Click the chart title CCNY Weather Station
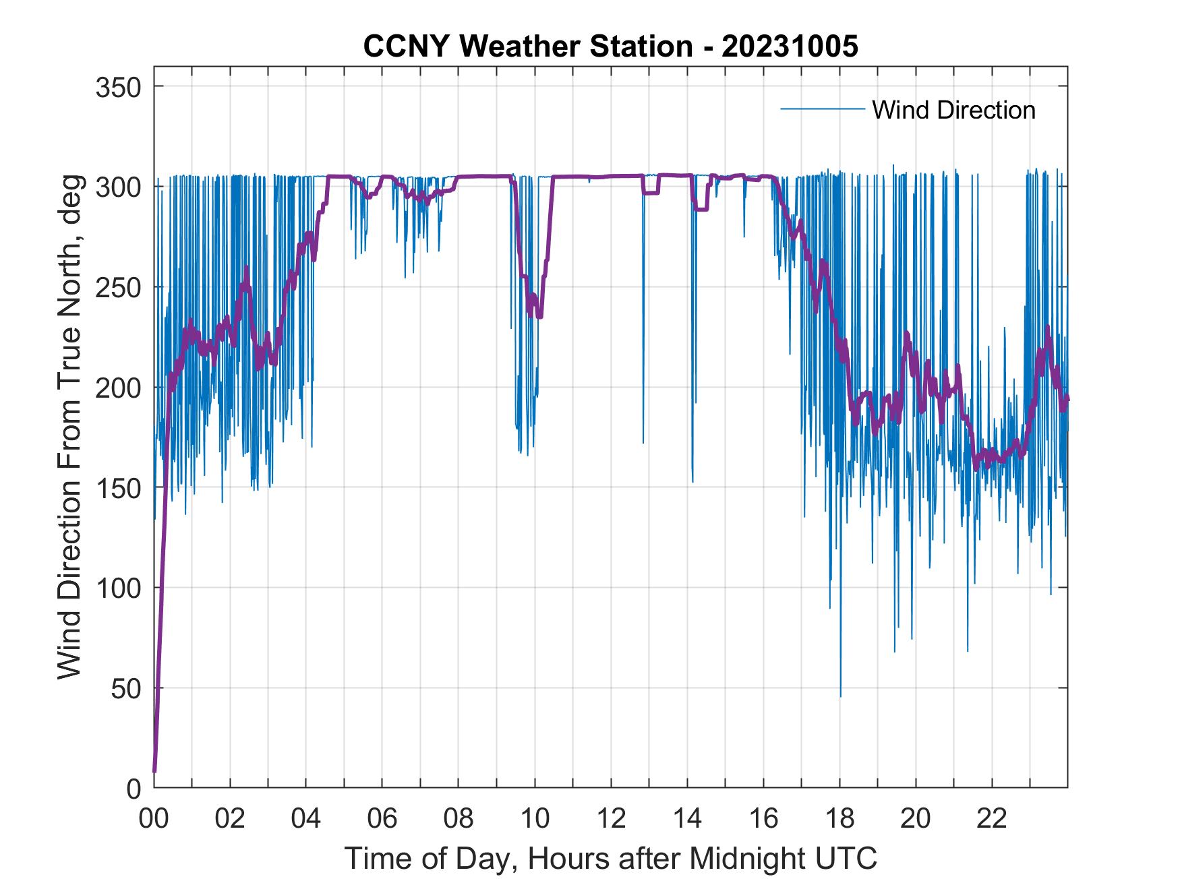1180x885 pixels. (x=527, y=47)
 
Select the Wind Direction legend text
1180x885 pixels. (x=953, y=110)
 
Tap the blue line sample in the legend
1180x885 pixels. (x=822, y=109)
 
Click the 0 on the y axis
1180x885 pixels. (x=135, y=788)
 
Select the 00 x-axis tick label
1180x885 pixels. (x=154, y=819)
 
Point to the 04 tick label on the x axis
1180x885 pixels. (x=306, y=819)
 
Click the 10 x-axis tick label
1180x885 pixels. (x=535, y=819)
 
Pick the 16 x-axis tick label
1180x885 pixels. (x=763, y=819)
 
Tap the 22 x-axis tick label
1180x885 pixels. (x=992, y=819)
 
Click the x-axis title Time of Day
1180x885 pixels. (x=611, y=858)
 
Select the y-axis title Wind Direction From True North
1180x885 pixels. (x=69, y=427)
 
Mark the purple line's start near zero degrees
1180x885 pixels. (x=154, y=771)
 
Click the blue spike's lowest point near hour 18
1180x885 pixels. (x=840, y=696)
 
